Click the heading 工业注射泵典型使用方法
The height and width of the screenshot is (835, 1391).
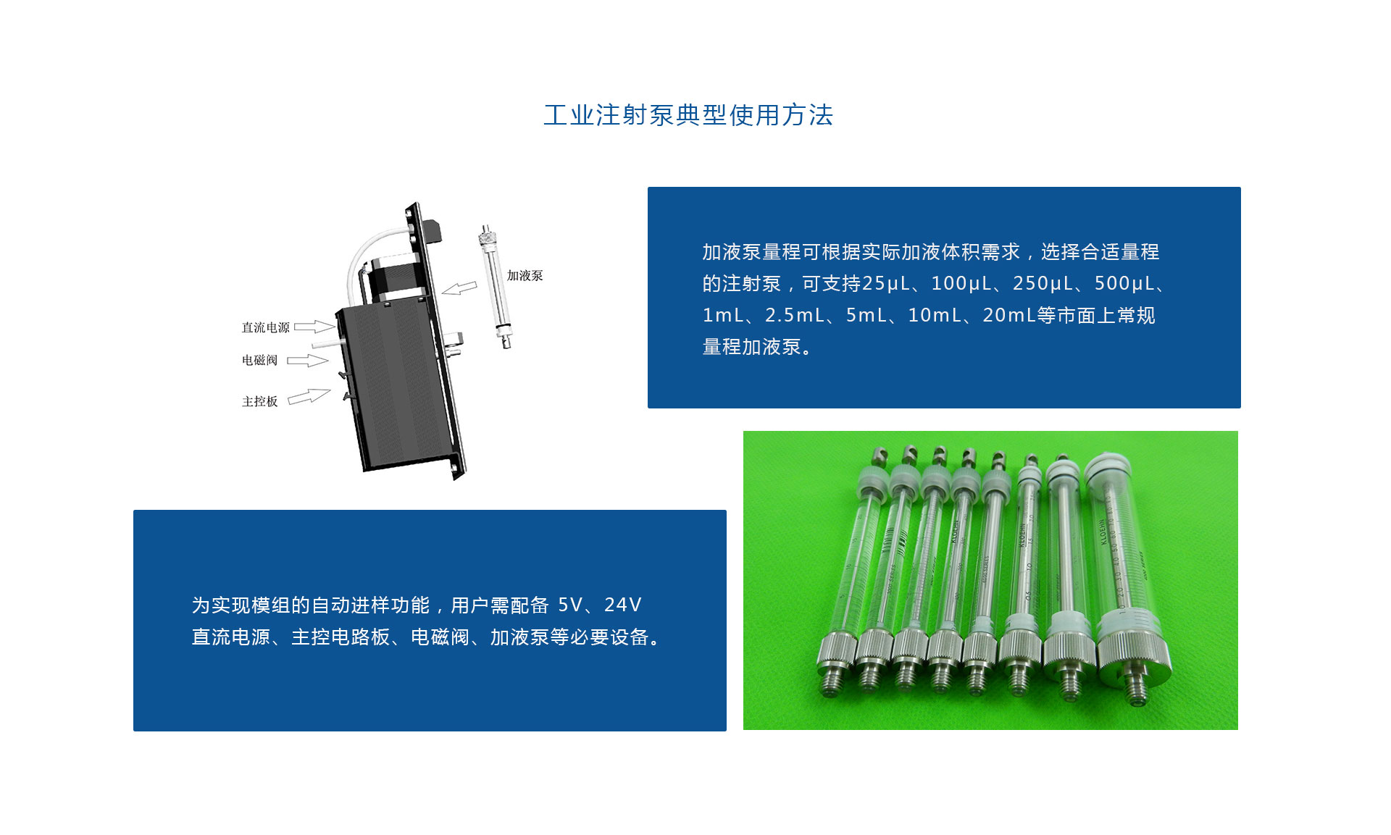pyautogui.click(x=688, y=115)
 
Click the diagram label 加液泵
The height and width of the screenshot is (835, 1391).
pyautogui.click(x=525, y=276)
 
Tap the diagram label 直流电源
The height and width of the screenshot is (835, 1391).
pyautogui.click(x=265, y=327)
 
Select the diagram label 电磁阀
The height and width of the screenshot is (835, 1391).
pyautogui.click(x=259, y=360)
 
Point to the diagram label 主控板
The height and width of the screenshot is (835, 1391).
pyautogui.click(x=259, y=401)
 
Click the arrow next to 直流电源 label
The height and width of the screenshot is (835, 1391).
pyautogui.click(x=314, y=327)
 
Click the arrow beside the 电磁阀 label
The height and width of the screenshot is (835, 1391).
pyautogui.click(x=307, y=360)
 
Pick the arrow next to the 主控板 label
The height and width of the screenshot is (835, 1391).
pyautogui.click(x=309, y=396)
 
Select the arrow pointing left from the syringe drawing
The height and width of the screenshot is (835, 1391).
pyautogui.click(x=459, y=288)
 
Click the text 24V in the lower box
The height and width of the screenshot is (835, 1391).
pyautogui.click(x=622, y=605)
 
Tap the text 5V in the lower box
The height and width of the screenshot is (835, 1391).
pyautogui.click(x=569, y=605)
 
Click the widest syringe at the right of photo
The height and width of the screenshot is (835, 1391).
pyautogui.click(x=1123, y=572)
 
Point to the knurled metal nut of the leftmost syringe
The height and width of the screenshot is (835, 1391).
pyautogui.click(x=836, y=652)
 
